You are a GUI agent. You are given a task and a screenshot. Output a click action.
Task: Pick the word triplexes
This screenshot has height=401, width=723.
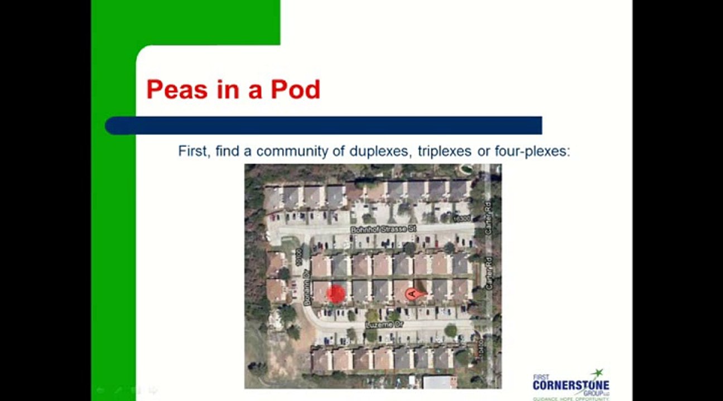click(x=444, y=151)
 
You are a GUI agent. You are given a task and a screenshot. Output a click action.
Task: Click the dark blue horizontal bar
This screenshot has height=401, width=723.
click(x=324, y=125)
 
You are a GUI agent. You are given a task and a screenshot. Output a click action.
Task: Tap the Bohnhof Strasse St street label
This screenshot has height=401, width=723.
click(x=384, y=229)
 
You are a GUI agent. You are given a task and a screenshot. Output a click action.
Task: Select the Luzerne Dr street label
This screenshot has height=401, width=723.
click(x=384, y=324)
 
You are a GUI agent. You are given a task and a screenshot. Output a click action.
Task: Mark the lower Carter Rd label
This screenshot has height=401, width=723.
click(x=489, y=272)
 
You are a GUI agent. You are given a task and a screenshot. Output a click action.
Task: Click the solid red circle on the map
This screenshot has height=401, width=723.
click(x=336, y=294)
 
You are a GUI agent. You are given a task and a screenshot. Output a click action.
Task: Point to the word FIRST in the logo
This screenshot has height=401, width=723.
click(x=541, y=377)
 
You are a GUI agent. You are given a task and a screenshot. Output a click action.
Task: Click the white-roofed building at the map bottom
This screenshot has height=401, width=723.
click(x=440, y=382)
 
